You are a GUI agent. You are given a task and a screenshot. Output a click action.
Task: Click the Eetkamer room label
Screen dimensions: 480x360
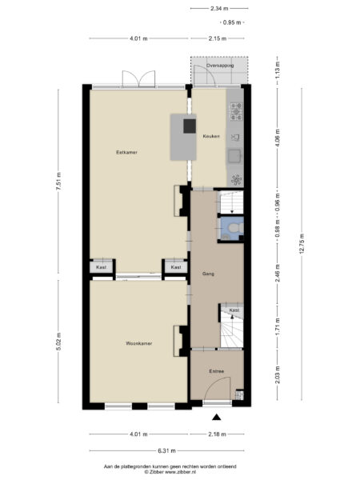pos(126,151)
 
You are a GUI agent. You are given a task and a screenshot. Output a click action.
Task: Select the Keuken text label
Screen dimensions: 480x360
pos(210,136)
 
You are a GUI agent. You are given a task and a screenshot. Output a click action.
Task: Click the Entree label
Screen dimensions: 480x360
pos(216,371)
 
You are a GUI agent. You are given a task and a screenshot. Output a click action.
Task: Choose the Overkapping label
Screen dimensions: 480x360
pos(220,66)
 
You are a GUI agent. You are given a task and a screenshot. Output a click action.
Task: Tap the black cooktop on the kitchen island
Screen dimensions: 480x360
pos(190,125)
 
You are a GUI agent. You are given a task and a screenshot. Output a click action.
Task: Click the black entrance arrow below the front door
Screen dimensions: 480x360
pos(216,416)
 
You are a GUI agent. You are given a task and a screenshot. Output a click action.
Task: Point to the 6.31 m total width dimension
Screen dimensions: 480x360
pos(167,450)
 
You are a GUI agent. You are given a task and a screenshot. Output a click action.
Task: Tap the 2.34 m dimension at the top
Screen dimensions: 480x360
pos(216,9)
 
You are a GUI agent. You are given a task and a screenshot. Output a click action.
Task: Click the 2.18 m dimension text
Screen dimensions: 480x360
pos(216,434)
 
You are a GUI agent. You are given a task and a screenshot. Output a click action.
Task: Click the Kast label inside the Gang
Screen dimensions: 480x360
pos(234,310)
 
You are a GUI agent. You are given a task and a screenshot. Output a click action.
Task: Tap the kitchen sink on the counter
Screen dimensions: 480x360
pos(236,154)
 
